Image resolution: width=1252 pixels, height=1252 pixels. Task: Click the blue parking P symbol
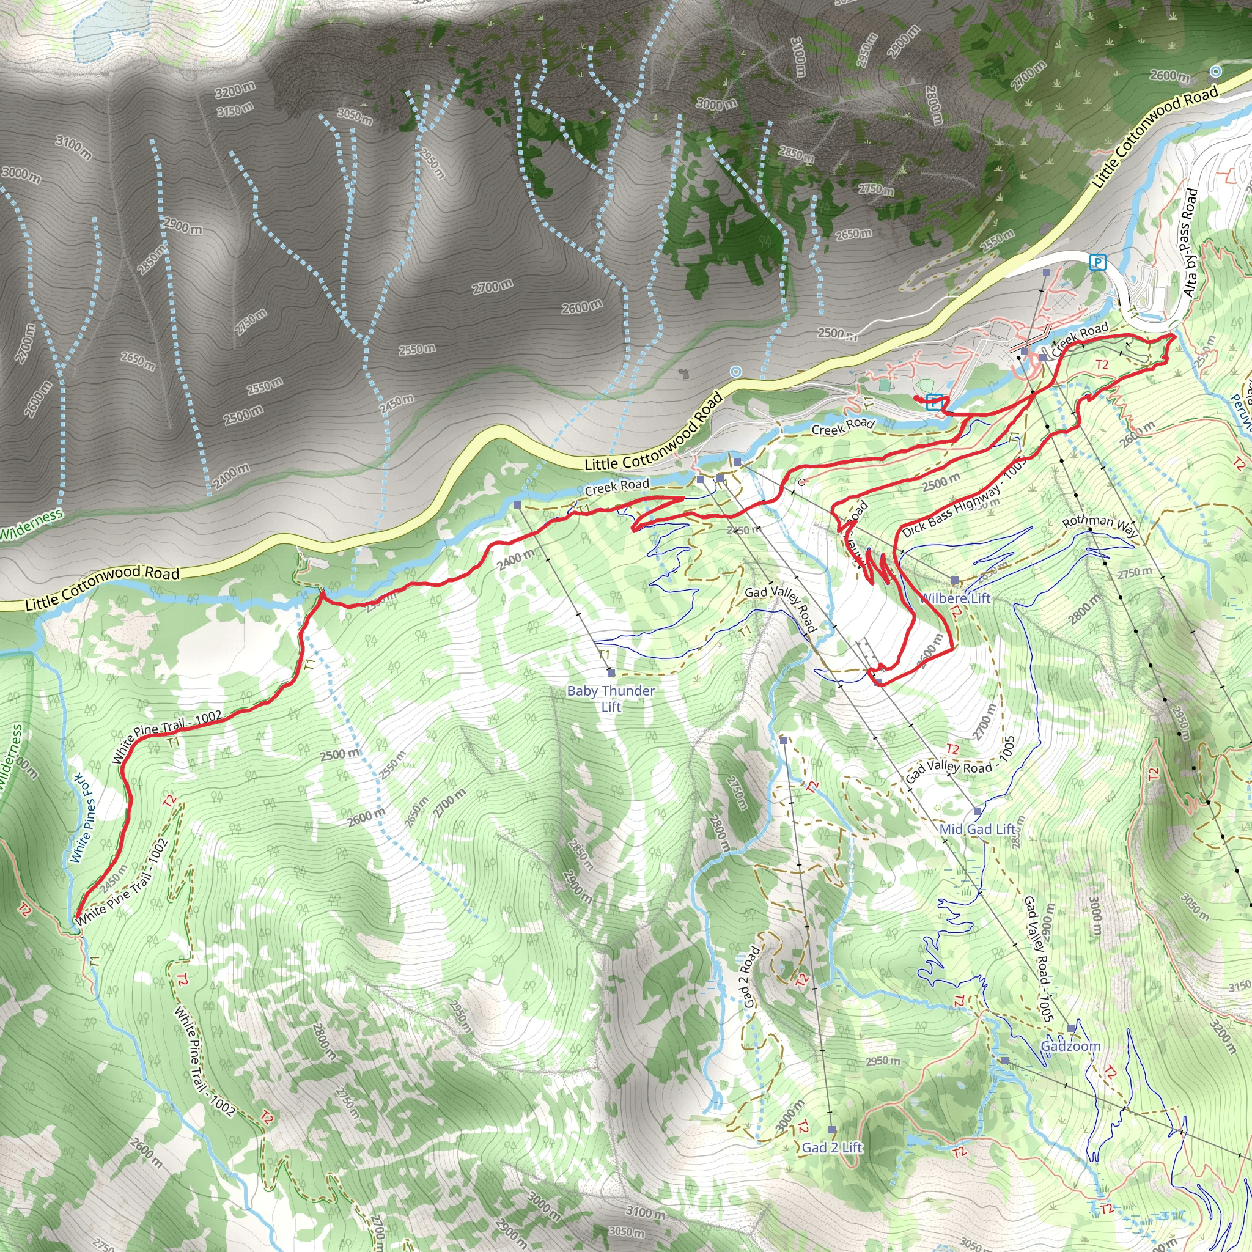[x=1097, y=262]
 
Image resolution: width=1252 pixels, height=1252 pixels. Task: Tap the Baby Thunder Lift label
[x=611, y=699]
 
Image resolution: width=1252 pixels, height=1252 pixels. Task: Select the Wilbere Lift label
[x=956, y=597]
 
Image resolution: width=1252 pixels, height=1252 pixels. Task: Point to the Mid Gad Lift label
[x=978, y=829]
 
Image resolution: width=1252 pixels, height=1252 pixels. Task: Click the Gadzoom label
[x=1070, y=1046]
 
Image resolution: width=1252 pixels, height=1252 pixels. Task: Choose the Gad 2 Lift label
[x=832, y=1147]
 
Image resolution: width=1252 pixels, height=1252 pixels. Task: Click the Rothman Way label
[x=1100, y=526]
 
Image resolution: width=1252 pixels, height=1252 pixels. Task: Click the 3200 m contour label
[x=235, y=89]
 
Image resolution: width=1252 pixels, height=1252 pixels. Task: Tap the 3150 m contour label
[x=235, y=111]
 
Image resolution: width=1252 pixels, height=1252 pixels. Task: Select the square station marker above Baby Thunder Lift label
[x=611, y=673]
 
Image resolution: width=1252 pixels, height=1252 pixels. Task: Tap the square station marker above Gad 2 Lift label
[x=832, y=1130]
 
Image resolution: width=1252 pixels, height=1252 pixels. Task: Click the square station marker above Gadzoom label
[x=1072, y=1028]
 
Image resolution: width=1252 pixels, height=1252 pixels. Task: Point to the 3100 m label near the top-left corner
[x=73, y=148]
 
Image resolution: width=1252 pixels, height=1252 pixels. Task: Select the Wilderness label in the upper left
[x=31, y=525]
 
